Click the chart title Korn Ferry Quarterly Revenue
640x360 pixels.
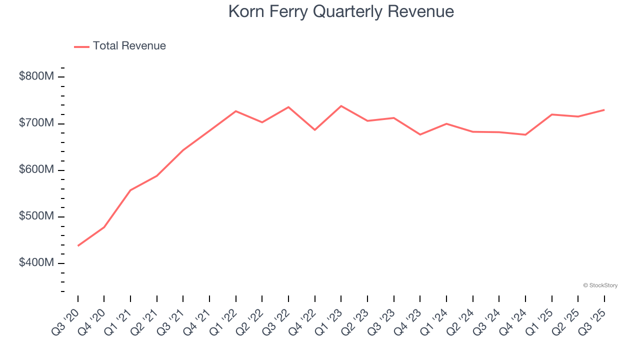click(341, 11)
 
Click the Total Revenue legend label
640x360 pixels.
click(129, 46)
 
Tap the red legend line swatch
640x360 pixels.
click(81, 46)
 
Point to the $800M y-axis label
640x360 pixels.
click(36, 76)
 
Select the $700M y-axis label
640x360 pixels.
click(36, 123)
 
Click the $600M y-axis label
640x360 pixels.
click(36, 170)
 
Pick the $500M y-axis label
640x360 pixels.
click(36, 216)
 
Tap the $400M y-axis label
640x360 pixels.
click(36, 263)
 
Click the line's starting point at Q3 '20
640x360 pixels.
click(78, 245)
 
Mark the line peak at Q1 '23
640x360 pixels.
click(341, 106)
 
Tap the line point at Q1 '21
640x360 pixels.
click(130, 190)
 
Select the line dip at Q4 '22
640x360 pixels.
click(315, 130)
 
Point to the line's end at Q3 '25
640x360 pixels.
click(604, 109)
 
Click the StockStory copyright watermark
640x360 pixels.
click(600, 285)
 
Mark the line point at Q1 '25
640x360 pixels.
click(551, 114)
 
